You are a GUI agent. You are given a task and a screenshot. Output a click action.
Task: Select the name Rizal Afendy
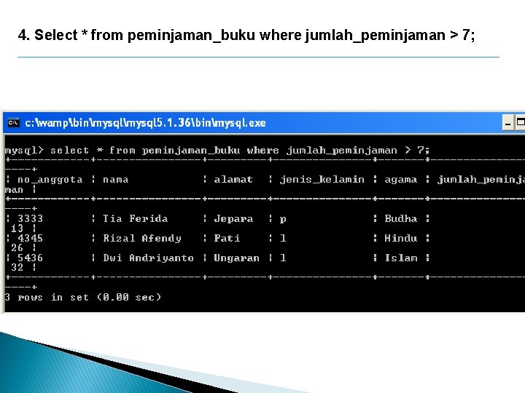[142, 238]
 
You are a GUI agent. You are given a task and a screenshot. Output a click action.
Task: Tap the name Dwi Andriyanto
[149, 258]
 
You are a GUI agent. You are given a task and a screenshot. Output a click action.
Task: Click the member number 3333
[30, 218]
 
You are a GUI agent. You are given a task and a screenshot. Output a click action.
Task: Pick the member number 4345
[30, 238]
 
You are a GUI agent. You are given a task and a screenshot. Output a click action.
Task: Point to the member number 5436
[30, 258]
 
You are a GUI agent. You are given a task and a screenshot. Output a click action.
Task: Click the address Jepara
[233, 218]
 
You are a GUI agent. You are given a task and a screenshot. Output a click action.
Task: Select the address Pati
[227, 238]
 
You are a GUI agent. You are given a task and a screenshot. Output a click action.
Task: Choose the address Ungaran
[236, 258]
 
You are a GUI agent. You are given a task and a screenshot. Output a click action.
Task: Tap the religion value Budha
[401, 218]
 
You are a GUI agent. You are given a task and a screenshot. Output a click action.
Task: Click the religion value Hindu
[401, 238]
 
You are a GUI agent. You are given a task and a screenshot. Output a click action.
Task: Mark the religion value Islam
[401, 258]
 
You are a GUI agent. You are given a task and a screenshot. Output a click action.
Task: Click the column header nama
[115, 179]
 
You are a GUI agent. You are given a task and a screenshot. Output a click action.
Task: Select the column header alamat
[233, 179]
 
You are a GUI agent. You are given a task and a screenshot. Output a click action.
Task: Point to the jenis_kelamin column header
[322, 179]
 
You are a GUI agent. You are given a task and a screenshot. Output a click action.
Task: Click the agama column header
[401, 179]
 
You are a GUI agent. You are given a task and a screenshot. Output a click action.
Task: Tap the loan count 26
[17, 247]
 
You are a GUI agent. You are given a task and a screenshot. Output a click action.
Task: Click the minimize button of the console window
[509, 123]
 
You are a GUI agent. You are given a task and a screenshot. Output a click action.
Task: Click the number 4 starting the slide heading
[23, 35]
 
